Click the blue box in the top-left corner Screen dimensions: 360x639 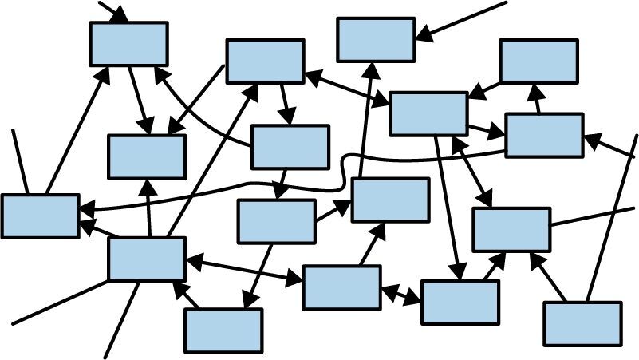128,44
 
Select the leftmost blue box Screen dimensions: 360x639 40,216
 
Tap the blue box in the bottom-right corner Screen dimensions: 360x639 582,323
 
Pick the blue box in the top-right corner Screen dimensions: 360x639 538,61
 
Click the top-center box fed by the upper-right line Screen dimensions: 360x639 376,39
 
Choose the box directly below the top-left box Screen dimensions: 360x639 147,156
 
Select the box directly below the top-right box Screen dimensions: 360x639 544,135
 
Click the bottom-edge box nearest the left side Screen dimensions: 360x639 223,330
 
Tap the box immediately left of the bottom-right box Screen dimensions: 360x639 460,302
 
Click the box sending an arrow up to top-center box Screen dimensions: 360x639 390,200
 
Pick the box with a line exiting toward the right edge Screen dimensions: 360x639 511,229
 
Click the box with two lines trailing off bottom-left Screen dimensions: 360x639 147,259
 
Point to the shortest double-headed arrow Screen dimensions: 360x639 401,295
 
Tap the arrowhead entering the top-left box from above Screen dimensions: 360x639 122,18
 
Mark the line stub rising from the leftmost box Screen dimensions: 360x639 20,160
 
